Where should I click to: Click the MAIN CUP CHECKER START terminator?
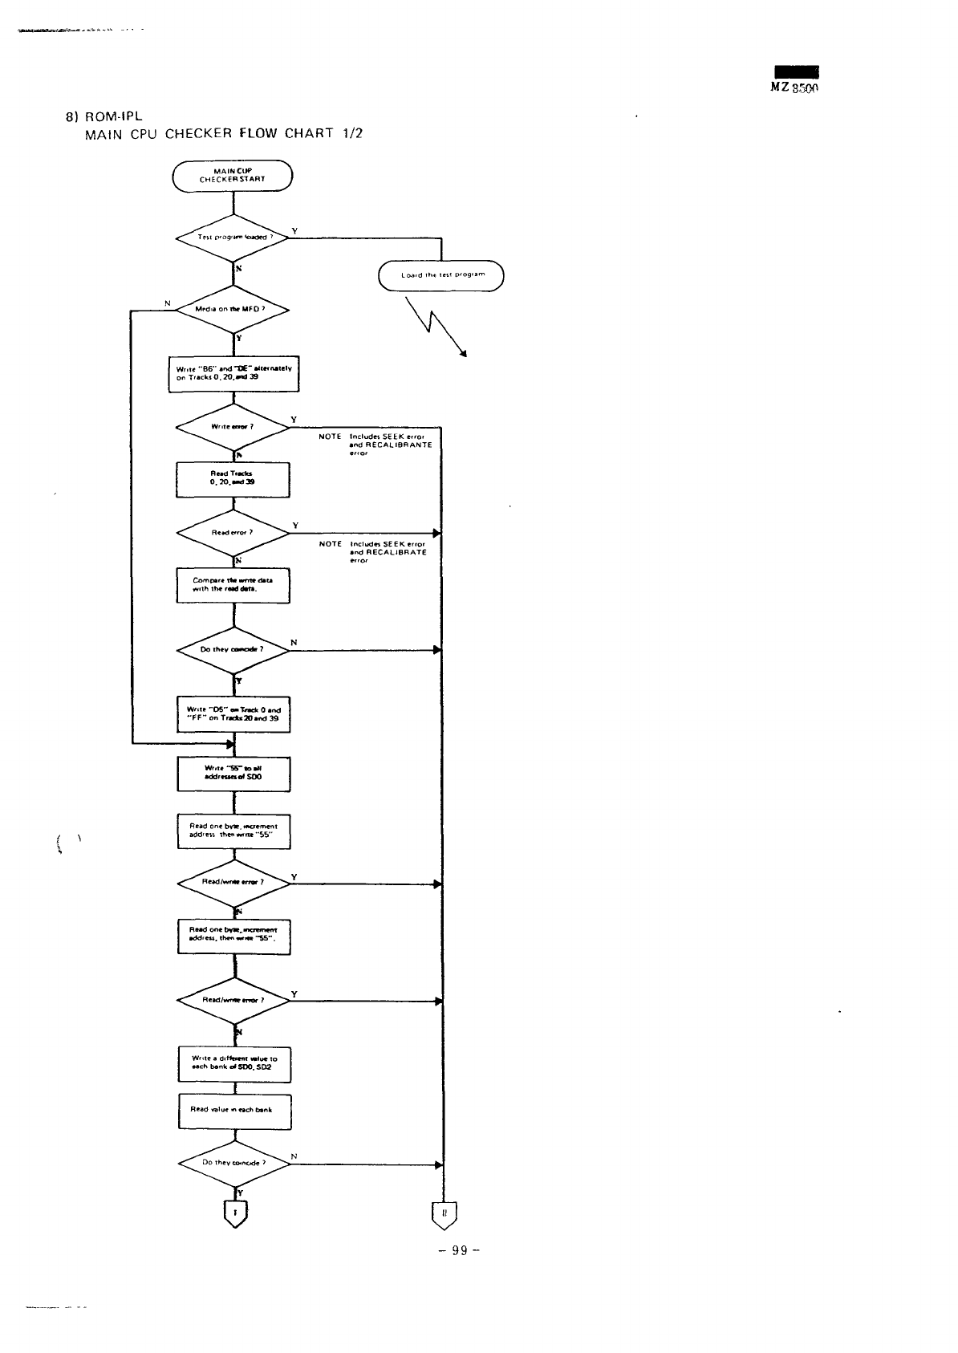point(233,177)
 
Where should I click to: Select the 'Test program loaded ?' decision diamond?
point(233,238)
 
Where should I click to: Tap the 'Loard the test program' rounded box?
point(441,275)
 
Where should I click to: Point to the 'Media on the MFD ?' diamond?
point(233,310)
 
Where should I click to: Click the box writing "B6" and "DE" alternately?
point(233,373)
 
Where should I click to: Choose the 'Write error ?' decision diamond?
point(233,427)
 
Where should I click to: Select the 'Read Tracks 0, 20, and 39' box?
point(233,480)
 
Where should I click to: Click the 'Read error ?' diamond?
point(233,533)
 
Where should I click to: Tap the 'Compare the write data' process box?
point(233,585)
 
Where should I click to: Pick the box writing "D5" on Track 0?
point(233,714)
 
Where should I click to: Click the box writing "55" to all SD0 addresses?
point(233,774)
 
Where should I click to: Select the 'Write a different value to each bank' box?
point(234,1064)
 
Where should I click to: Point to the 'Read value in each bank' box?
point(234,1111)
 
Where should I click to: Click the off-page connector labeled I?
point(234,1215)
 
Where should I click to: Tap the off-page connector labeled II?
point(444,1215)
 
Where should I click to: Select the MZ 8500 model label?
point(794,88)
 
